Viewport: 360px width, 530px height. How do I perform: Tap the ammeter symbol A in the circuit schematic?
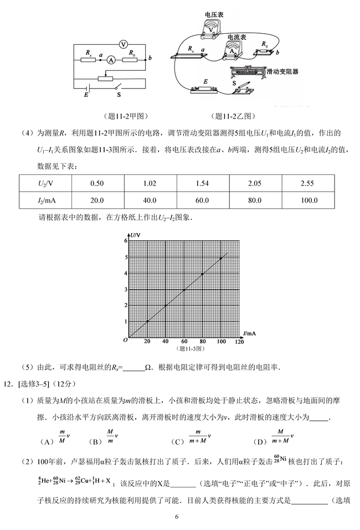coord(111,60)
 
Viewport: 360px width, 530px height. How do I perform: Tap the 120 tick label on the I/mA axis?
coord(239,342)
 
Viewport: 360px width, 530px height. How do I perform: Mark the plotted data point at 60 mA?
coord(184,290)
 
